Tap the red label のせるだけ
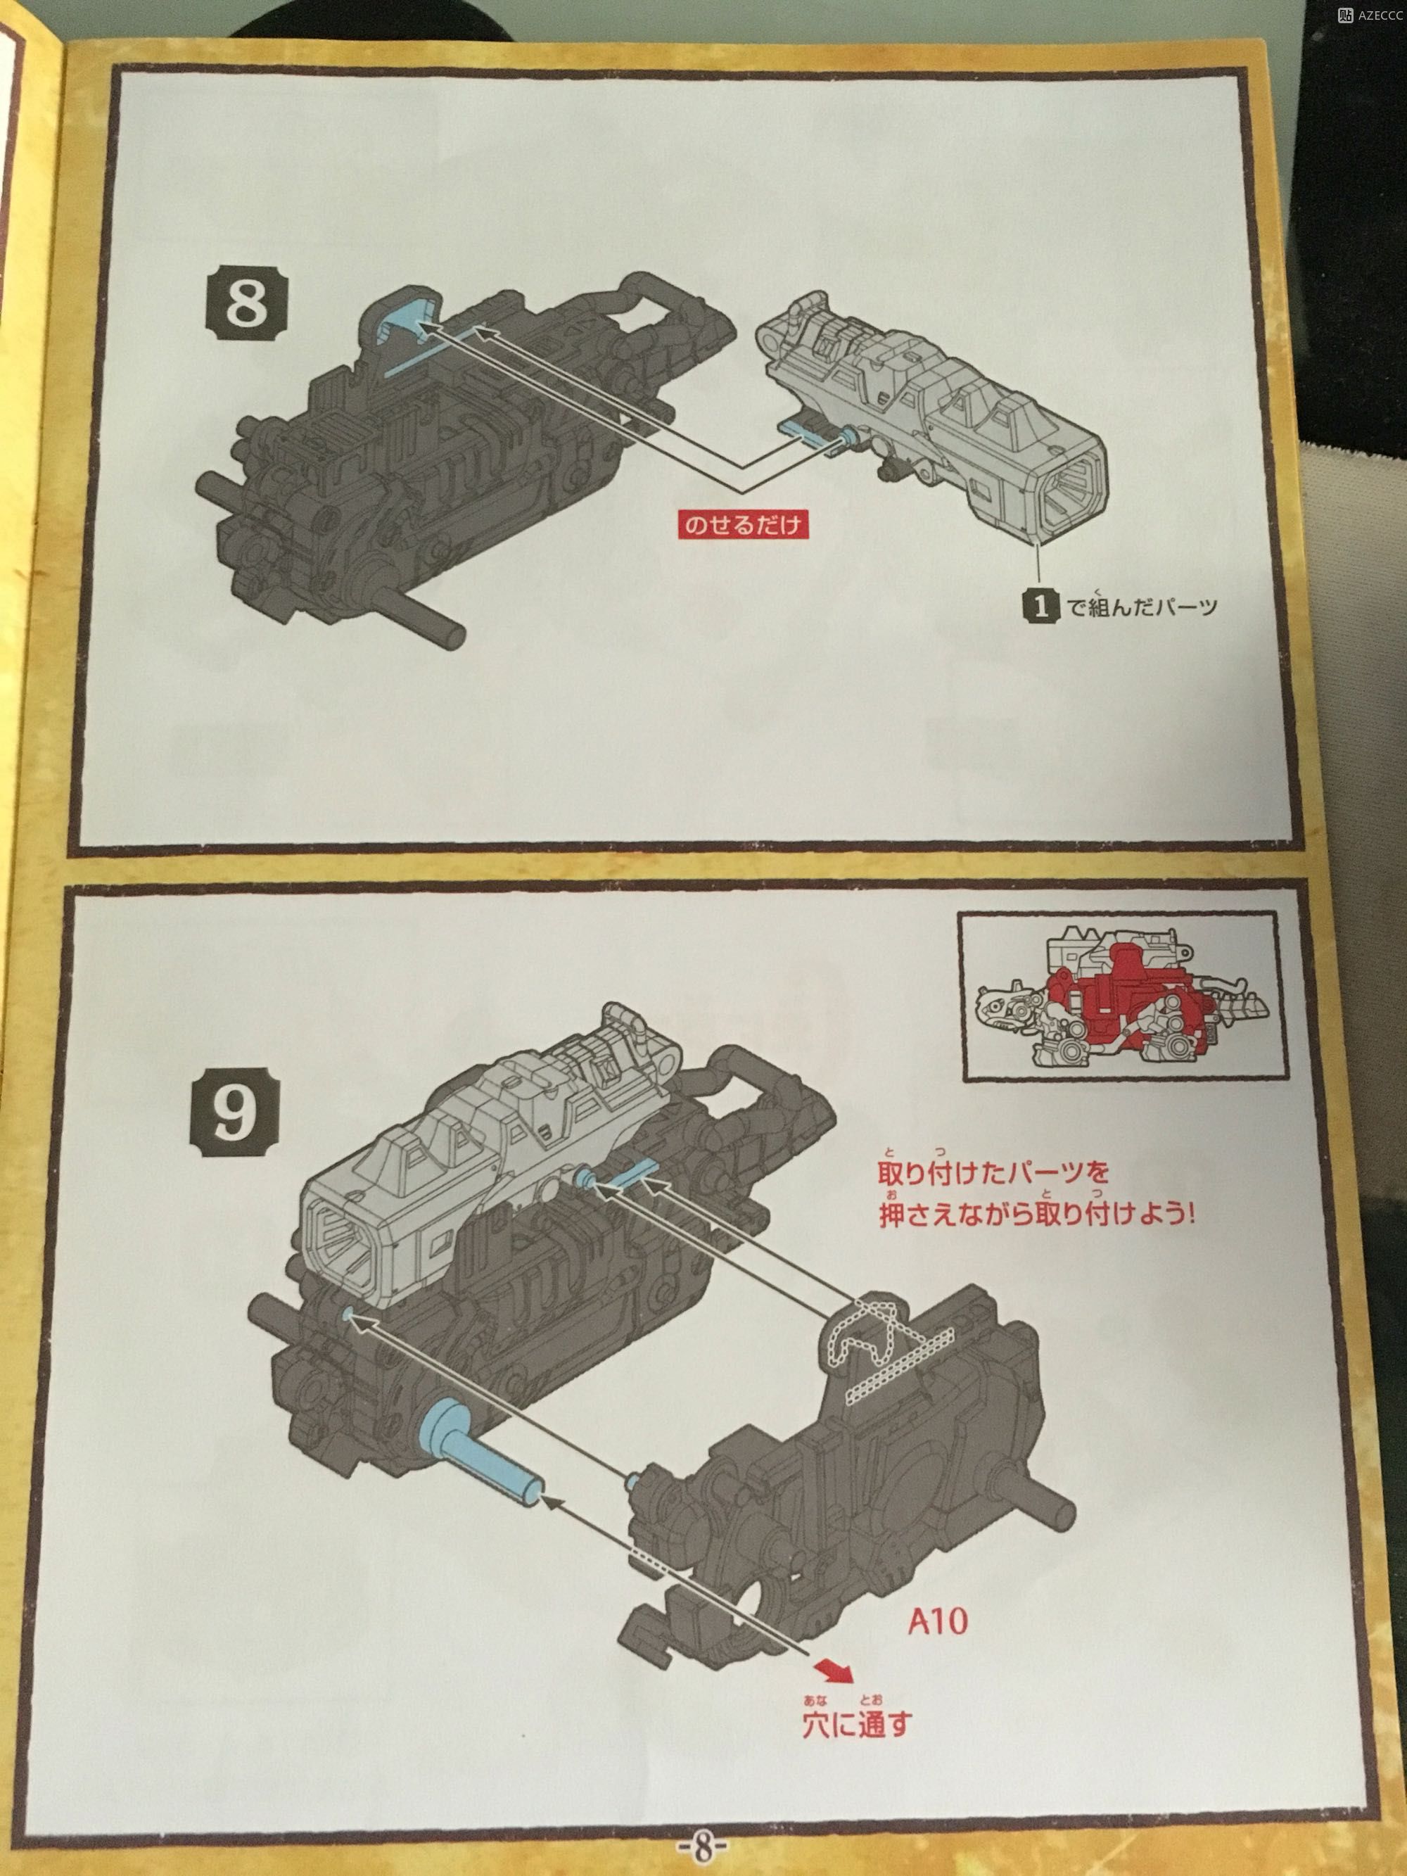point(742,526)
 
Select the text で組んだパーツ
point(1142,606)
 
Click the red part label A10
point(937,1623)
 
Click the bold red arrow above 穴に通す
point(835,1669)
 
